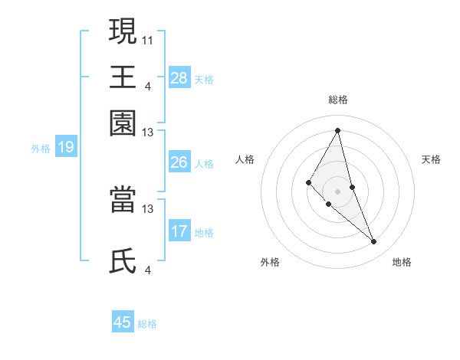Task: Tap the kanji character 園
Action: (123, 123)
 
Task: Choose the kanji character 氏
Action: (123, 261)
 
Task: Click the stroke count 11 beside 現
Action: (148, 39)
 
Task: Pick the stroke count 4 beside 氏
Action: (148, 270)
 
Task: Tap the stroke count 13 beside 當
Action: (148, 208)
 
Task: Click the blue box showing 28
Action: (179, 78)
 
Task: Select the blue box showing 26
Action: (179, 162)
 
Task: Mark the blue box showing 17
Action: (179, 231)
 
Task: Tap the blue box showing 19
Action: (66, 148)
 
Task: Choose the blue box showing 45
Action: (123, 322)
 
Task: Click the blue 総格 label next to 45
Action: (147, 324)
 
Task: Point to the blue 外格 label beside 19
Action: (41, 149)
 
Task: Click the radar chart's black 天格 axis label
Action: (432, 159)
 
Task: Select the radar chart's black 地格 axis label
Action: (402, 262)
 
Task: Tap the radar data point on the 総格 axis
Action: (337, 130)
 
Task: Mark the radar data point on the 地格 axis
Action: (374, 242)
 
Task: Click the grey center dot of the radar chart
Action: (337, 191)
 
